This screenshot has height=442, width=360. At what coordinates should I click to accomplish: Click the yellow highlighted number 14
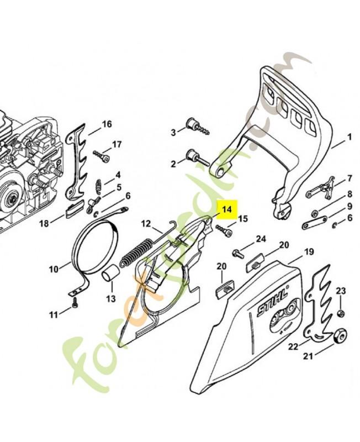227,209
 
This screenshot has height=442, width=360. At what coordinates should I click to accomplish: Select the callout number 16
107,124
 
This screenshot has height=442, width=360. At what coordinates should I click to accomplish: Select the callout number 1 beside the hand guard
349,136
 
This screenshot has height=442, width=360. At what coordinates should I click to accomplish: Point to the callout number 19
309,252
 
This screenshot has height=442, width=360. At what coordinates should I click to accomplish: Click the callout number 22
293,346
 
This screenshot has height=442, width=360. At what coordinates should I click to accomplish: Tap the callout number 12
146,224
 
